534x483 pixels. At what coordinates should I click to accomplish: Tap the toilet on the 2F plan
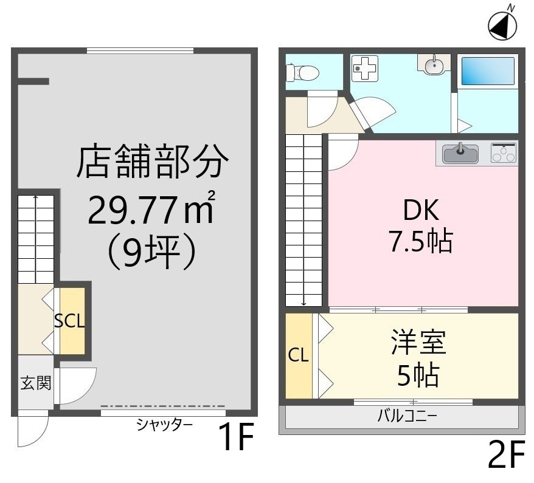[x=302, y=72]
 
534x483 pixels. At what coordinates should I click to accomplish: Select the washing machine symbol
[x=364, y=68]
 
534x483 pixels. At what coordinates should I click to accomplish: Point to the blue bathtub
[x=488, y=70]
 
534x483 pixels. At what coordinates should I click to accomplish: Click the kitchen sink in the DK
[x=460, y=153]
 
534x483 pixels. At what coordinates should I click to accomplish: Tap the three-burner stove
[x=504, y=152]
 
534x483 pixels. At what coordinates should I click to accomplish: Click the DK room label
[x=421, y=210]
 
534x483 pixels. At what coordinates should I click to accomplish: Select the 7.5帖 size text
[x=421, y=241]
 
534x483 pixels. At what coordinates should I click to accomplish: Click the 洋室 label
[x=418, y=341]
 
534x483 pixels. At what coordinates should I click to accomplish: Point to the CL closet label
[x=299, y=355]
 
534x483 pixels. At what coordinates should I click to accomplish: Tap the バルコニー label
[x=407, y=416]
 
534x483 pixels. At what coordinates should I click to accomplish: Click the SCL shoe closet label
[x=69, y=321]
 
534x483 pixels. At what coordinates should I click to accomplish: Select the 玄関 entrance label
[x=36, y=383]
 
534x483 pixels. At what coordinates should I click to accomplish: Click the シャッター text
[x=164, y=425]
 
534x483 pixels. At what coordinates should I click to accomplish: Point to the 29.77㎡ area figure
[x=151, y=209]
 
